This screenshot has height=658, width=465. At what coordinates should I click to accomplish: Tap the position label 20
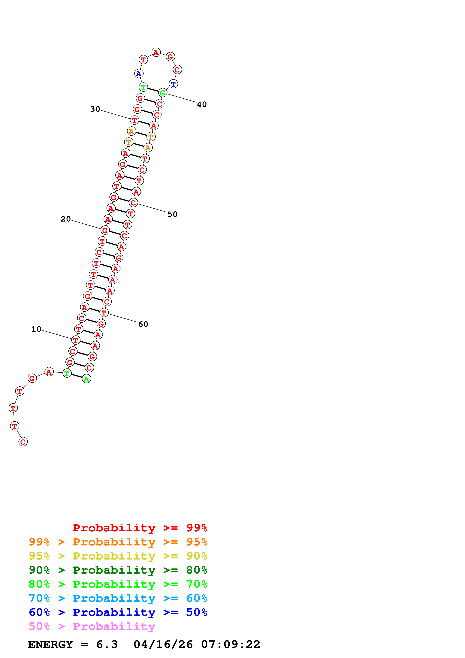coord(66,219)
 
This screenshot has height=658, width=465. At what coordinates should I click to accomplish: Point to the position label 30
coord(95,109)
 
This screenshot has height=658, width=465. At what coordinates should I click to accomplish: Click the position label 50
coord(173,214)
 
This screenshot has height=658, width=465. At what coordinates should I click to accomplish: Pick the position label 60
coord(143,324)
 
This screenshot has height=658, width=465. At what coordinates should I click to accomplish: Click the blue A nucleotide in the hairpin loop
coord(139,74)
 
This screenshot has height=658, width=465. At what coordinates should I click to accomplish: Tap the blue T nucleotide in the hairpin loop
coord(173,84)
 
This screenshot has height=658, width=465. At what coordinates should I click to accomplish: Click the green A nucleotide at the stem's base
coord(86,379)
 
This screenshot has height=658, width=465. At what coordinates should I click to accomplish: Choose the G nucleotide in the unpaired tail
coord(32,379)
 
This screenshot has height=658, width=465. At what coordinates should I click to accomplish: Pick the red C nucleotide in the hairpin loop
coord(177,70)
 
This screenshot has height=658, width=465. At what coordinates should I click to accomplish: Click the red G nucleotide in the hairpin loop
coord(171,57)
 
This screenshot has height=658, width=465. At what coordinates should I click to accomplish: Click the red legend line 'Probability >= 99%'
coord(140,528)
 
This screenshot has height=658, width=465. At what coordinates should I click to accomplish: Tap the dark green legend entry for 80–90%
coord(118,570)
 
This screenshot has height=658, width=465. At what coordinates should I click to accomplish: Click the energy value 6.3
coord(107,644)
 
